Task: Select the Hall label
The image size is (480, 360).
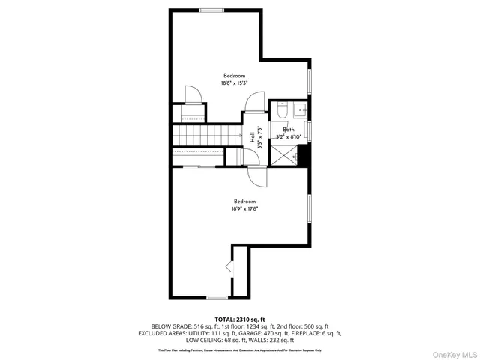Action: [252, 136]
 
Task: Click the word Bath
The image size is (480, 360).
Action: [288, 130]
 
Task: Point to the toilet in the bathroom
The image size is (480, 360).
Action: [281, 111]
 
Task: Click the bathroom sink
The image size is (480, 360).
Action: [301, 109]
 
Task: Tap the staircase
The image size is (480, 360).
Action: [198, 136]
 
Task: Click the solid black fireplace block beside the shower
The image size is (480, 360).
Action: [304, 156]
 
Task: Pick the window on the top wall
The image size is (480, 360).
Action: [211, 10]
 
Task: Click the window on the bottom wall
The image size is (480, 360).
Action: [217, 297]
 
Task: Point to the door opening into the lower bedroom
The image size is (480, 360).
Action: [256, 178]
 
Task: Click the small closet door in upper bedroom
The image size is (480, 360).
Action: [192, 94]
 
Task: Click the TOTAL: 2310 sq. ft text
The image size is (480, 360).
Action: [239, 319]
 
